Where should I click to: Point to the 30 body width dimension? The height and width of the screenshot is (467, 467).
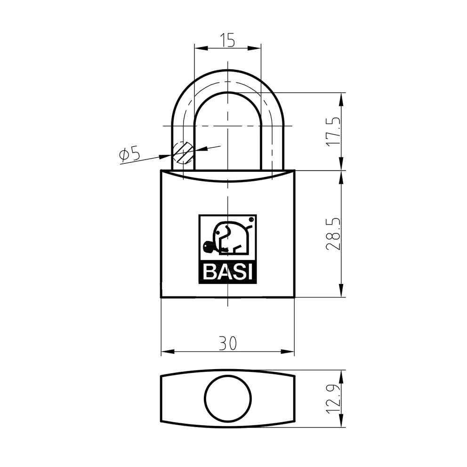click(x=227, y=344)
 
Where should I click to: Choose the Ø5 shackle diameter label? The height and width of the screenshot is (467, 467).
click(x=130, y=154)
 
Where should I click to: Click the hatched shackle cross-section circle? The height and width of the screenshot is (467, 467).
click(x=183, y=152)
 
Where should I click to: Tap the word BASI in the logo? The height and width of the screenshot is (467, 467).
click(x=227, y=273)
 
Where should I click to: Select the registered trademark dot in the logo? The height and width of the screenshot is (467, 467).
click(x=251, y=219)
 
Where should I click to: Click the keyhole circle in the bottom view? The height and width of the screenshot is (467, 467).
click(x=228, y=399)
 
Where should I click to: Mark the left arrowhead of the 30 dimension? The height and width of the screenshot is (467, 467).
click(x=165, y=352)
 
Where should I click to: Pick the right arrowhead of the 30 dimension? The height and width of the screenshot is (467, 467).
click(x=290, y=352)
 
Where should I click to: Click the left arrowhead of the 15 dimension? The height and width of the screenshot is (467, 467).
click(x=198, y=48)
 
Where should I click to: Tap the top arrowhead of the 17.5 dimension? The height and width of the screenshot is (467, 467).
click(x=341, y=96)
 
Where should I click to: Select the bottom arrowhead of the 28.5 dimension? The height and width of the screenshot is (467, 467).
click(x=341, y=293)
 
